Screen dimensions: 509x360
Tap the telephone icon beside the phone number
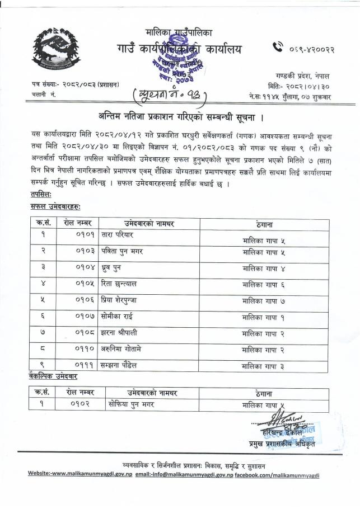[x=278, y=49]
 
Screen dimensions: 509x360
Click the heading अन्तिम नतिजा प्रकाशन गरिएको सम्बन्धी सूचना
[x=180, y=117]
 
